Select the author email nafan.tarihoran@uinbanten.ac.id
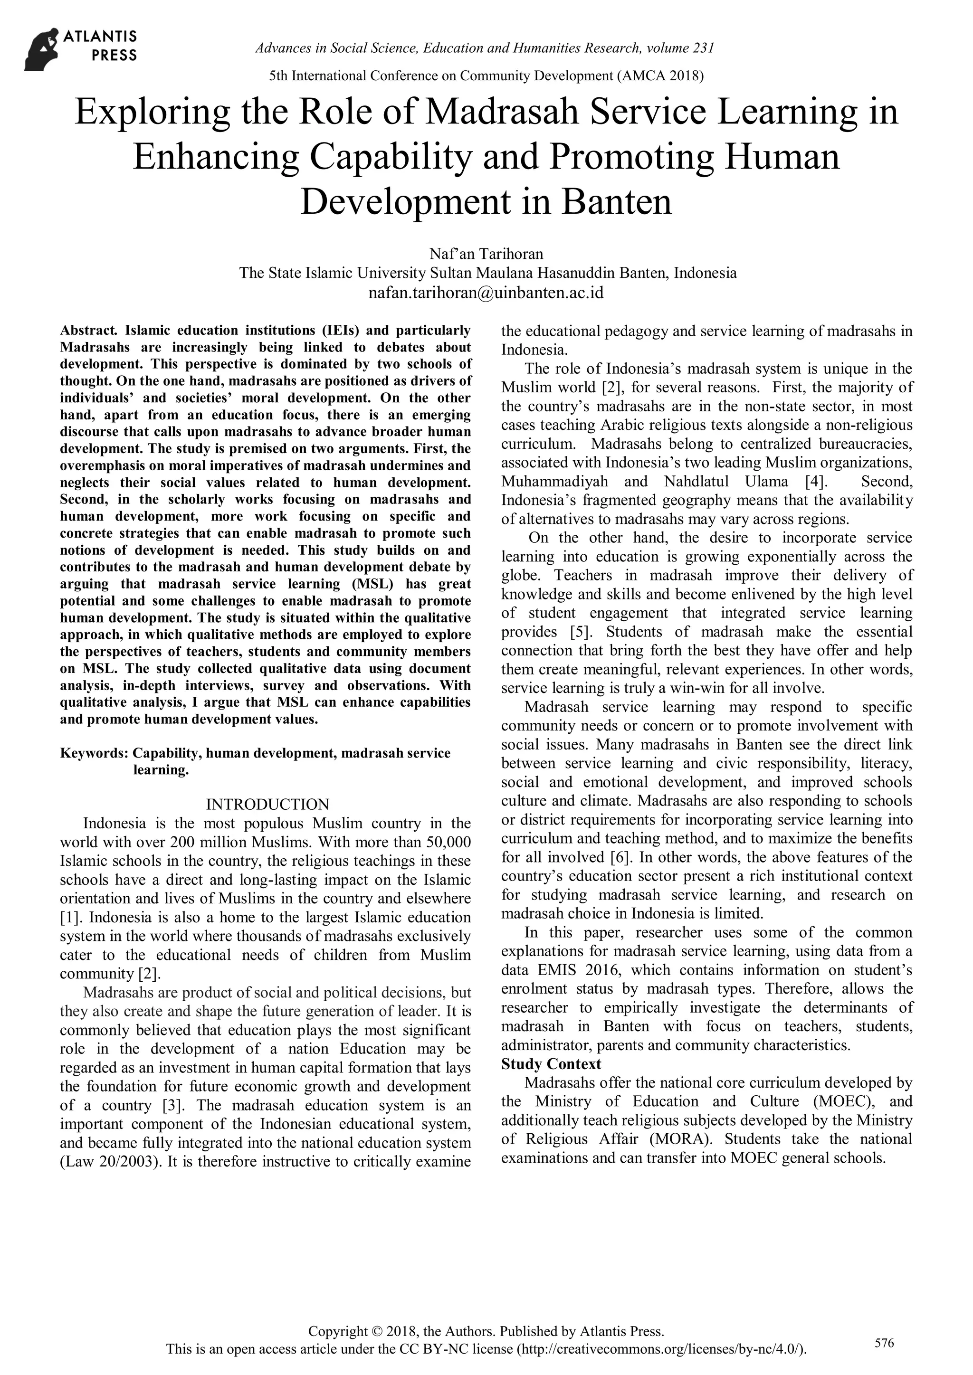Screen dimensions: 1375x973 (x=486, y=293)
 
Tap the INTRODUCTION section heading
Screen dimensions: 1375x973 (x=267, y=804)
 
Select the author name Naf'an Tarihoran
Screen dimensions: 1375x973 (x=486, y=254)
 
